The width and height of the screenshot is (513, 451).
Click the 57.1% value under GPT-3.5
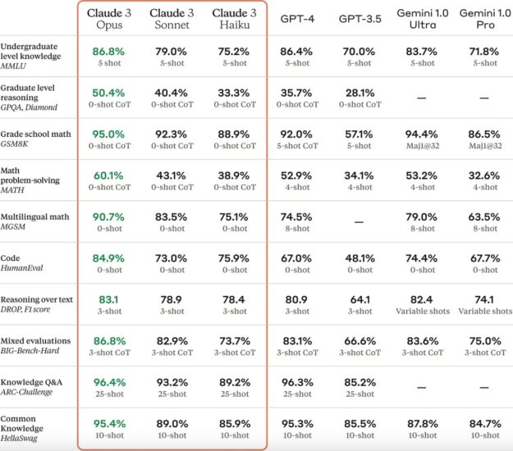point(358,132)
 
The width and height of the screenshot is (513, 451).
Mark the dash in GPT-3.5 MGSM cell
point(358,221)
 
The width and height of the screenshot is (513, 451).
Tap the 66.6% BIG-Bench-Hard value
point(358,339)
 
